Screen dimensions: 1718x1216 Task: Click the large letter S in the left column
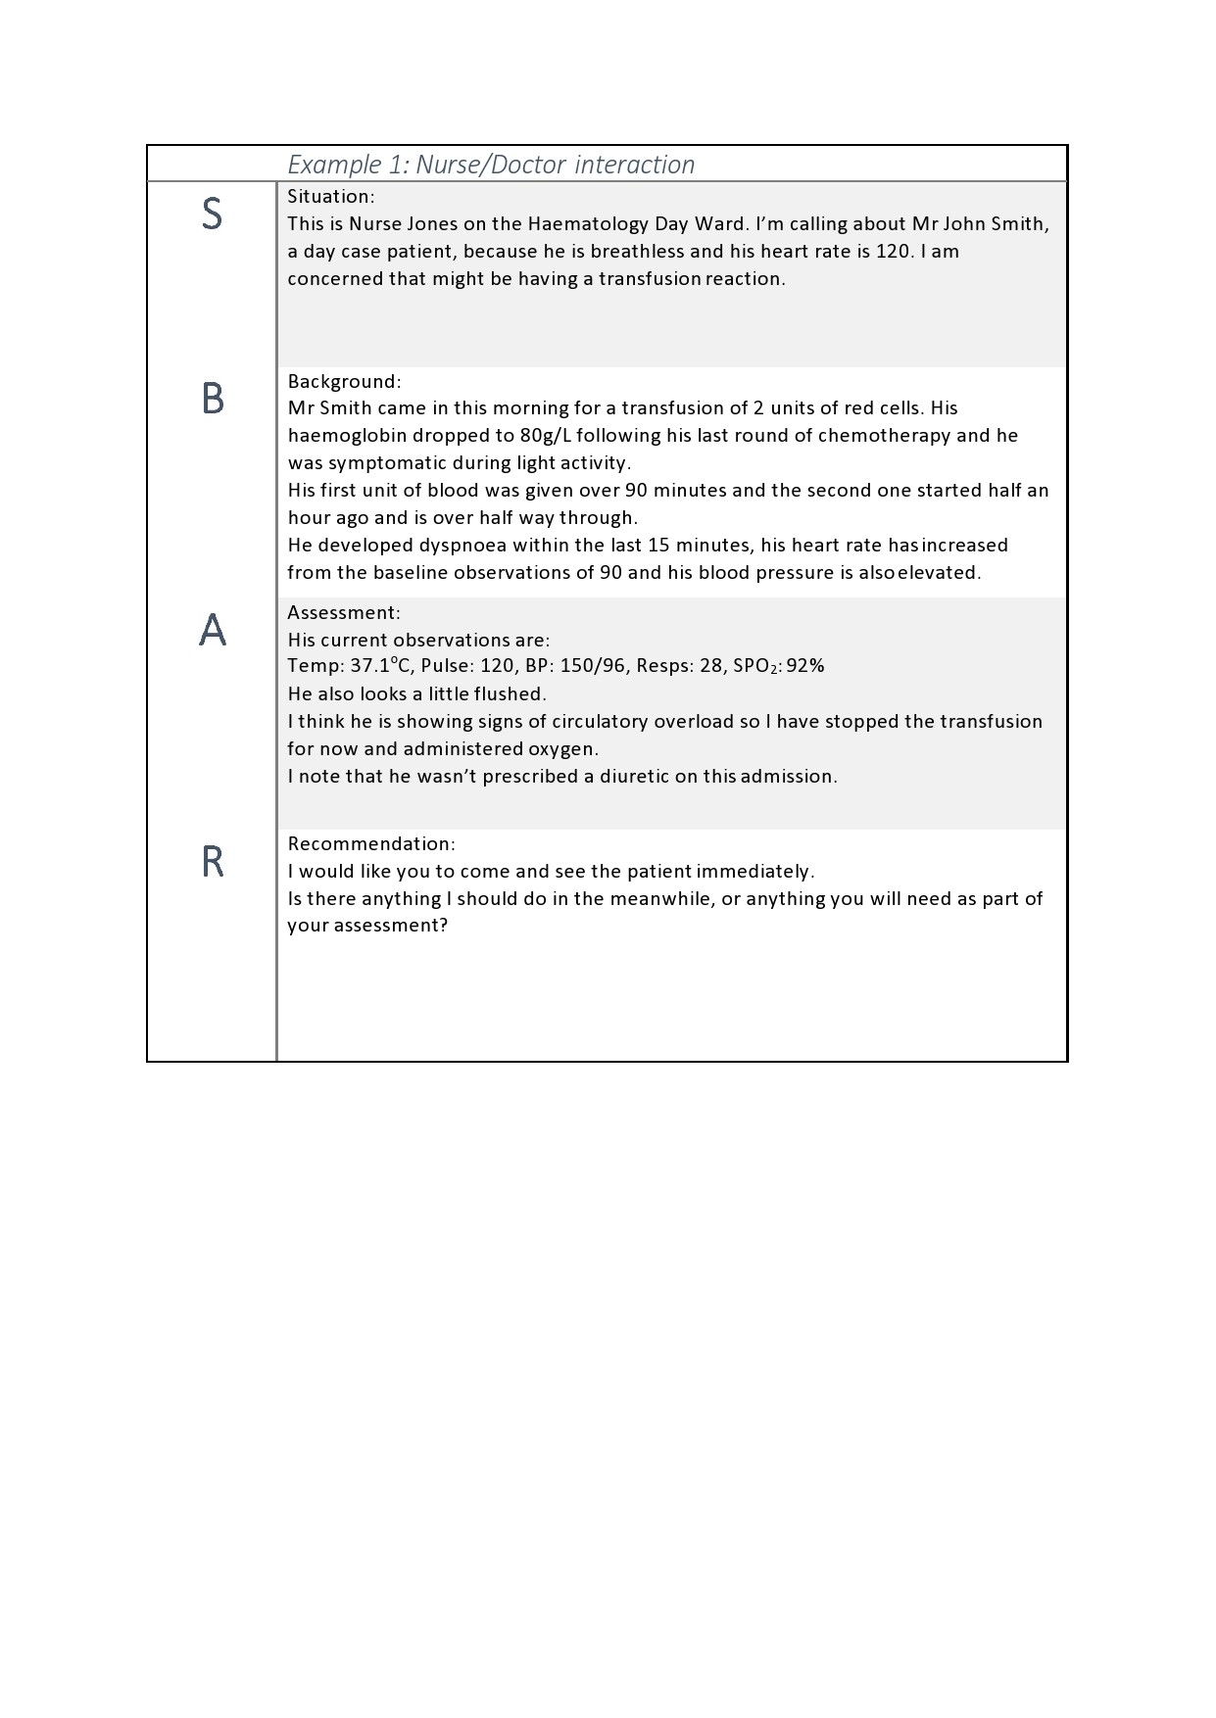212,215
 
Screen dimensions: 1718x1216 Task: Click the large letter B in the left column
213,399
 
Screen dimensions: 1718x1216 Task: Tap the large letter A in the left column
213,630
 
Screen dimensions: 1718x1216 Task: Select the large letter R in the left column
213,862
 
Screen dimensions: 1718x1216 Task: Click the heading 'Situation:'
331,196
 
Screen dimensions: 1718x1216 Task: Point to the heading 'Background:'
344,381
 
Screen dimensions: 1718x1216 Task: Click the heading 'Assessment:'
344,612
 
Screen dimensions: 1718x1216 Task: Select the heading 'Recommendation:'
371,843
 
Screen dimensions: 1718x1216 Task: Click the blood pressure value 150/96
592,666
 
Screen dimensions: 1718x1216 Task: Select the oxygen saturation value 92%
805,666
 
